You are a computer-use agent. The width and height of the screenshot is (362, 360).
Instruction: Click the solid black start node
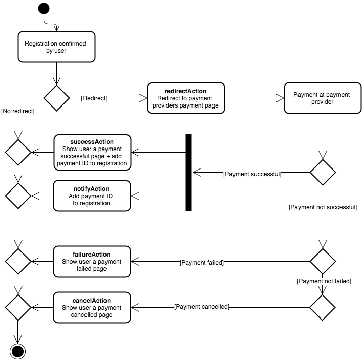[44, 9]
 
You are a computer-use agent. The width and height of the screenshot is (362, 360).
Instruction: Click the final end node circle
[18, 351]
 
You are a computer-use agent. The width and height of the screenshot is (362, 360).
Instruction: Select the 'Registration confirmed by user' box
[55, 47]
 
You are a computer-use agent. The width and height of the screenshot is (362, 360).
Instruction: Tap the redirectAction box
[186, 98]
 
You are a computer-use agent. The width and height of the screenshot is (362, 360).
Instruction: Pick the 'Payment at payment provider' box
[322, 98]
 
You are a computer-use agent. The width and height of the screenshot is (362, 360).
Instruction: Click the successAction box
[92, 152]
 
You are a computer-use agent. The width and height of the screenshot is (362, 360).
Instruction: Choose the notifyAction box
[92, 196]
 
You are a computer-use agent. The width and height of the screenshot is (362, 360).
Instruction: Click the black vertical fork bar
[188, 173]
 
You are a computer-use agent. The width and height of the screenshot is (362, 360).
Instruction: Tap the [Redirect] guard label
[94, 98]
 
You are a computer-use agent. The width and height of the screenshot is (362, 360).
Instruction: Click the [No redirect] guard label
[17, 111]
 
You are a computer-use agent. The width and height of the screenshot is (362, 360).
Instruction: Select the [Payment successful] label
[252, 174]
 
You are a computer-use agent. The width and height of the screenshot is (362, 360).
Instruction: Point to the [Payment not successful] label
[323, 207]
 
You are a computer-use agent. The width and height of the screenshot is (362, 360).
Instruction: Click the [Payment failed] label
[201, 262]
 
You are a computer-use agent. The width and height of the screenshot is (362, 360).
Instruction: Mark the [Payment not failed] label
[324, 281]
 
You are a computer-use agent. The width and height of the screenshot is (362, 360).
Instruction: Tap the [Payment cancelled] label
[201, 307]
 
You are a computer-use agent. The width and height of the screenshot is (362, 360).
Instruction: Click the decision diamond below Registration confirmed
[56, 97]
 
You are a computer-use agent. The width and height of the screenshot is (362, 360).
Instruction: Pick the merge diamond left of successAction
[18, 152]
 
